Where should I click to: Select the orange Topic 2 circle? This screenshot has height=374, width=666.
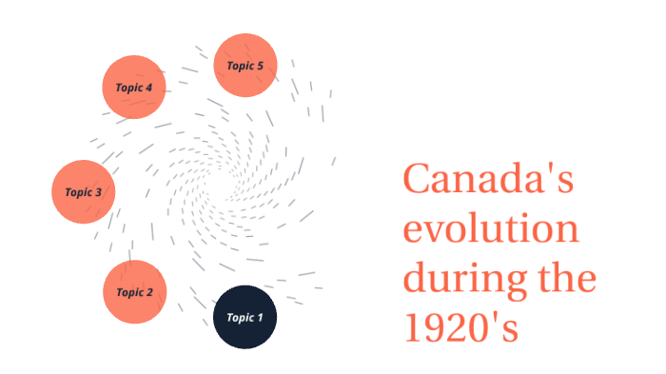tap(134, 292)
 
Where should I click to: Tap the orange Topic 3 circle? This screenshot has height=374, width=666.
tap(83, 191)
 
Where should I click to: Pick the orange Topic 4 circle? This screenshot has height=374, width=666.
tap(134, 87)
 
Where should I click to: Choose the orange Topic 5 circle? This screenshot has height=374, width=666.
tap(245, 65)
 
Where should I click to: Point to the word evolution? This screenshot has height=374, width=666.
tap(491, 231)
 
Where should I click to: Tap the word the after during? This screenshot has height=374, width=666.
tap(567, 281)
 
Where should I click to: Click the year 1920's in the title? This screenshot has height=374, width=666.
tap(460, 330)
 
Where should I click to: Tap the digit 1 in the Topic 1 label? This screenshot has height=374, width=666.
tap(259, 318)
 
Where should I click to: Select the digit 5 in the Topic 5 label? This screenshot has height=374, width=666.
tap(260, 65)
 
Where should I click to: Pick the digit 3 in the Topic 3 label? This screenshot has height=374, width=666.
tap(98, 192)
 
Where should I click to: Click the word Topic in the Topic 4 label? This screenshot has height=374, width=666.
tap(128, 88)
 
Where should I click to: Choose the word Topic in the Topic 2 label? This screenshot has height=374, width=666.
tap(128, 292)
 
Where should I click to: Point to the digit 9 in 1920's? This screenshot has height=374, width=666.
tap(433, 330)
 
